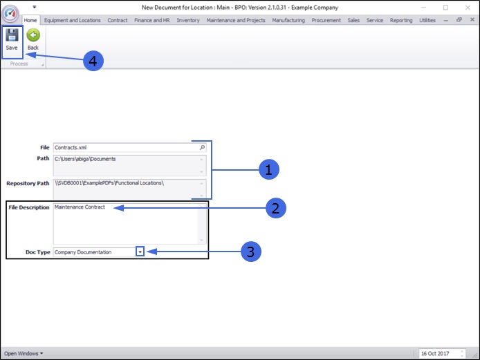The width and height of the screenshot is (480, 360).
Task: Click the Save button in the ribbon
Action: point(12,40)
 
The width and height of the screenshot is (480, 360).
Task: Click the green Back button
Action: point(33,40)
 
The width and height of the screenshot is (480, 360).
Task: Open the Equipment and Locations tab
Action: point(72,21)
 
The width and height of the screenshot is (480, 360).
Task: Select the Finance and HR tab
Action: point(152,21)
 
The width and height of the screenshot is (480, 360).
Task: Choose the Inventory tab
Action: point(188,21)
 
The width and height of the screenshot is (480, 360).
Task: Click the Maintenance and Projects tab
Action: point(236,21)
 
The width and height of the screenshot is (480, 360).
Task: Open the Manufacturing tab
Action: point(288,21)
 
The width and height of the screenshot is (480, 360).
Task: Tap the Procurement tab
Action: point(326,21)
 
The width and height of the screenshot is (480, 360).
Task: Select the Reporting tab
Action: point(401,21)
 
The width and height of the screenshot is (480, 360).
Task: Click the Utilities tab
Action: point(427,21)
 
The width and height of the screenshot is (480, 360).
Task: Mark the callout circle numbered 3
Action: point(250,252)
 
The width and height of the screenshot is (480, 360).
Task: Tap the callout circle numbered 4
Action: point(93,61)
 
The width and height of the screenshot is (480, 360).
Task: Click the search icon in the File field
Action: point(202,148)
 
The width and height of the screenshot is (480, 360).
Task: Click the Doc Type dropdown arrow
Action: point(140,252)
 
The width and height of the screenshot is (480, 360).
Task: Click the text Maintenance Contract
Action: point(80,207)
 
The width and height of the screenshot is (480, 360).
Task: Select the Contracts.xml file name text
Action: point(71,148)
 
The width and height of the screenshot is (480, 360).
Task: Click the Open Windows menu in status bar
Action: point(23,354)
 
